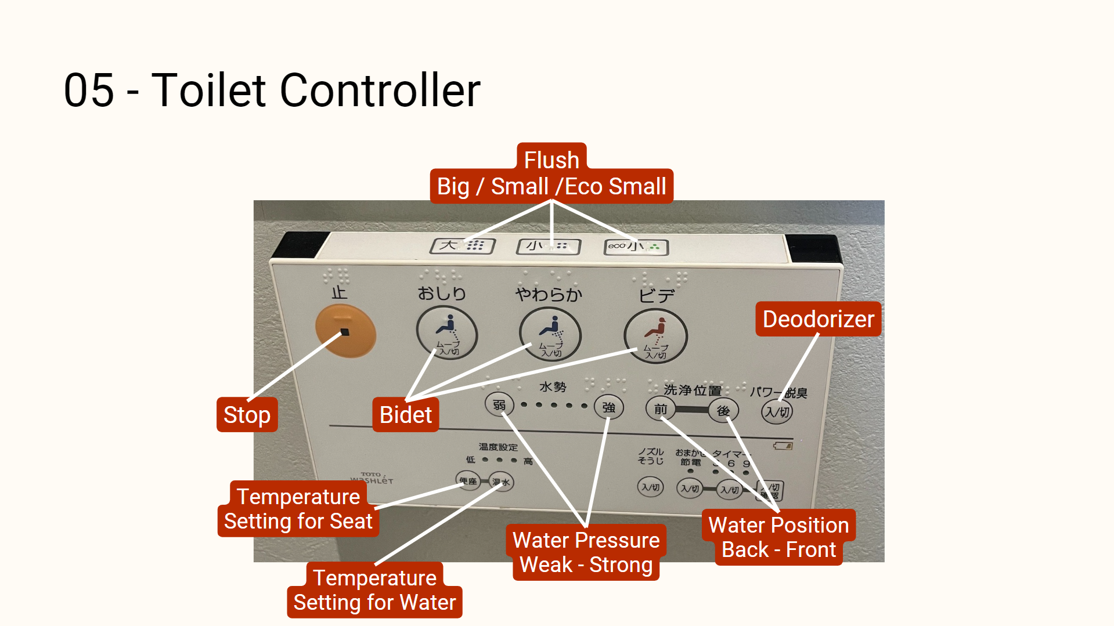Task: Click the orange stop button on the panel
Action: click(x=345, y=331)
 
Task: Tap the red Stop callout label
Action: click(x=247, y=415)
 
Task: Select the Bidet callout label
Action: click(x=405, y=415)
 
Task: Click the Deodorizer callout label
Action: click(x=818, y=319)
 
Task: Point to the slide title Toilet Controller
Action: click(x=272, y=91)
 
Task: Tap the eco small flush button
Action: click(x=636, y=247)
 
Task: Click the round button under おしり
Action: click(x=446, y=334)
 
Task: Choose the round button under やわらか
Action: click(x=550, y=335)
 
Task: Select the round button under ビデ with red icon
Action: click(x=655, y=336)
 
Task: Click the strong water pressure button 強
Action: click(x=608, y=408)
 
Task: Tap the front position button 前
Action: click(x=661, y=409)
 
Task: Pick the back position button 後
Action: click(x=723, y=411)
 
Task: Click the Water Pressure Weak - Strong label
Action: click(x=586, y=552)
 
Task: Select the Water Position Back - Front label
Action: click(x=778, y=537)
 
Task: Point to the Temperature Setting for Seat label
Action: click(x=298, y=509)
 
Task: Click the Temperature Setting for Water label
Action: click(x=374, y=590)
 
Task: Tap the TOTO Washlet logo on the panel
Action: click(x=372, y=478)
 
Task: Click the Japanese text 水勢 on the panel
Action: click(x=552, y=387)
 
